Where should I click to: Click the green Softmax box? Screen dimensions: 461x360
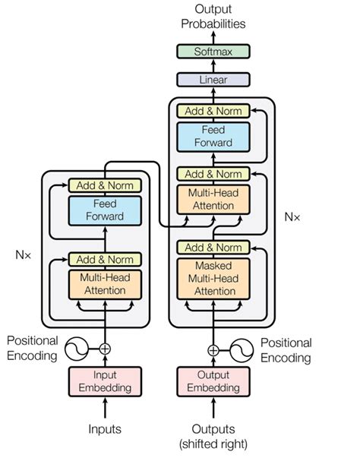point(213,52)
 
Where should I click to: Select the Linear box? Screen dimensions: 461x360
point(213,79)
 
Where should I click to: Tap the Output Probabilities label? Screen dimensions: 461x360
point(213,16)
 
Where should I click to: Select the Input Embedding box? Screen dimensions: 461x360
point(106,381)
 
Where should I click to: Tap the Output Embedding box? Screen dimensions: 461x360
point(213,381)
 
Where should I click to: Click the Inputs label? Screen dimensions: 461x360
point(105,429)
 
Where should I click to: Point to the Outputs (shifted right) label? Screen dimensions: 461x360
point(213,435)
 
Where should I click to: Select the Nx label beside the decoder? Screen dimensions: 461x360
point(292,216)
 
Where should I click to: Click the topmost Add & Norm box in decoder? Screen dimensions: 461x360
point(213,112)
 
